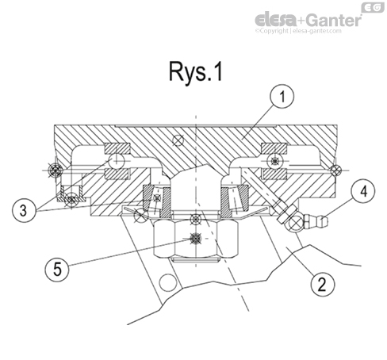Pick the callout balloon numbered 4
(x=362, y=190)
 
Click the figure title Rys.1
(x=195, y=73)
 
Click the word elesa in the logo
(x=275, y=19)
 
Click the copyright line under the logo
(x=308, y=33)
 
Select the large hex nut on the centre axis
(x=194, y=237)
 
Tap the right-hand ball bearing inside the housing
(x=274, y=161)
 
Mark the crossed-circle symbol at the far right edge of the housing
(x=337, y=169)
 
